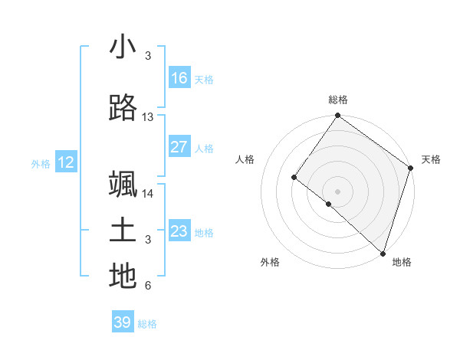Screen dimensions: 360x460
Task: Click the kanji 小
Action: point(123,47)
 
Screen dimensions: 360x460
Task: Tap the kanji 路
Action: point(123,109)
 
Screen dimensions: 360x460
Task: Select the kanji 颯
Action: point(123,185)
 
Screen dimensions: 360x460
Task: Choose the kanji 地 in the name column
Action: point(123,277)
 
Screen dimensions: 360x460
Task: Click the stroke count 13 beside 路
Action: point(148,117)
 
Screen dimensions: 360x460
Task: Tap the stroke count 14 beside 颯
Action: point(148,194)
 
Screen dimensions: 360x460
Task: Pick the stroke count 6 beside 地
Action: point(148,286)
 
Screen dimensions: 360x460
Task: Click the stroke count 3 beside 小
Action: point(148,56)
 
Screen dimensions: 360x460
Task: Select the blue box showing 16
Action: point(179,78)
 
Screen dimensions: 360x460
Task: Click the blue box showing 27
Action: point(179,147)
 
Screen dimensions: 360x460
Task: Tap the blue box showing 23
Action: point(179,231)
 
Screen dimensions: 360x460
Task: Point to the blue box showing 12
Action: point(66,162)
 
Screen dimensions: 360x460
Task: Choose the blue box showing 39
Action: point(123,322)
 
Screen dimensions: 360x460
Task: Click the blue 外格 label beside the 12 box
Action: point(41,163)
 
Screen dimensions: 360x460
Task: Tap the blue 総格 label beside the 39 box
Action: point(147,324)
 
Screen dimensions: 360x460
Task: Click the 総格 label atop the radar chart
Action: point(338,100)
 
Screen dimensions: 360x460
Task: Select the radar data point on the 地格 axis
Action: point(383,252)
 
